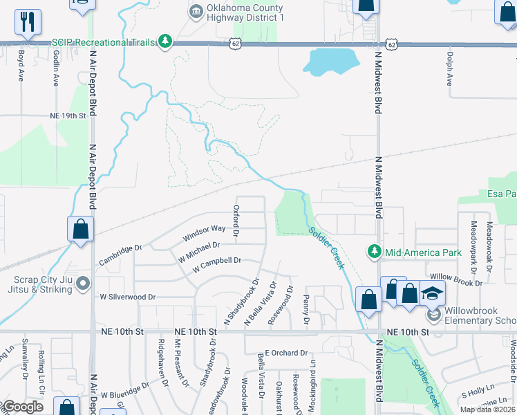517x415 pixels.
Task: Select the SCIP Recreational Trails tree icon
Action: (165, 42)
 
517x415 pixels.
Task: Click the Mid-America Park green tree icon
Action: (375, 252)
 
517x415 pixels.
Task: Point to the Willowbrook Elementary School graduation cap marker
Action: (433, 293)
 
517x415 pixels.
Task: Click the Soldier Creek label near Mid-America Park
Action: (326, 248)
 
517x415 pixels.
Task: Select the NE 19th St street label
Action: (67, 116)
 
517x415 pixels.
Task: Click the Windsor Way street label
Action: (204, 232)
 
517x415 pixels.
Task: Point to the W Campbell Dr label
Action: (216, 263)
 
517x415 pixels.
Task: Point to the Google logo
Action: (22, 407)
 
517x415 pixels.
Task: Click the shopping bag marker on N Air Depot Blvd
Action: (81, 229)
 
